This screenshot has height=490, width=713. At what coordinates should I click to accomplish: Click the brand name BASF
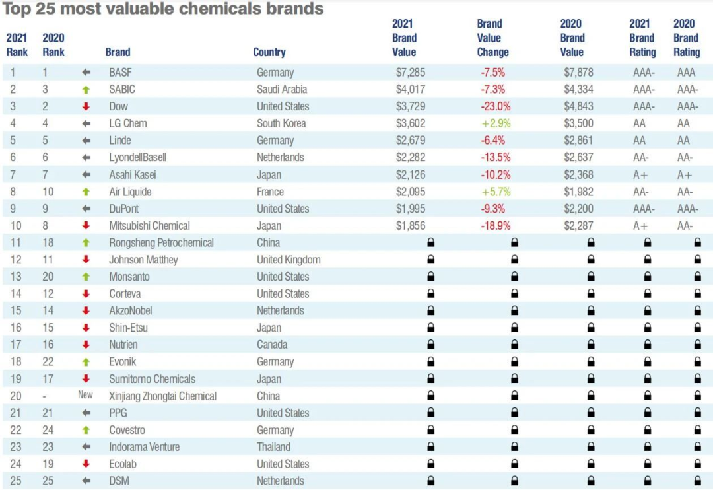coord(120,72)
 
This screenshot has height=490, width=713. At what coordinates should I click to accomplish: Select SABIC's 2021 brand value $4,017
coord(411,89)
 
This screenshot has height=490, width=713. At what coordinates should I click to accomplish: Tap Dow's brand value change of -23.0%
coord(496,106)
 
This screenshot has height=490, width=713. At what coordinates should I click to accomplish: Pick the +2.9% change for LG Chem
coord(496,123)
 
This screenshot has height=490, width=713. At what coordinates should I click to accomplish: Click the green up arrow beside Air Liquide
coord(86,192)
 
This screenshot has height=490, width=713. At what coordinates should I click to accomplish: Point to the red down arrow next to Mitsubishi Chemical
coord(86,226)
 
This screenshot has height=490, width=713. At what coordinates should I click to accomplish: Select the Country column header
coord(269,52)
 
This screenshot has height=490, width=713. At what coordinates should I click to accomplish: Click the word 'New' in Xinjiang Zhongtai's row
coord(86,396)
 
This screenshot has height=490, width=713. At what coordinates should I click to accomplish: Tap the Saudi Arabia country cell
coord(282,89)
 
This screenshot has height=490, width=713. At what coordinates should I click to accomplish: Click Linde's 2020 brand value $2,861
coord(578,141)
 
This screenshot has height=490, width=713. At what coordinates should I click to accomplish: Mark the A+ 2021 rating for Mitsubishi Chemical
coord(639,226)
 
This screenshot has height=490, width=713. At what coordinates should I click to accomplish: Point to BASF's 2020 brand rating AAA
coord(687,72)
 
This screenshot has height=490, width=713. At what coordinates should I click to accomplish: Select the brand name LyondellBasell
coord(137,157)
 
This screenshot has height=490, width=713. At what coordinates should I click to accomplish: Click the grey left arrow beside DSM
coord(86,481)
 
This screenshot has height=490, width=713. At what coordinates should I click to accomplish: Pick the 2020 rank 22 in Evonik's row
coord(49,361)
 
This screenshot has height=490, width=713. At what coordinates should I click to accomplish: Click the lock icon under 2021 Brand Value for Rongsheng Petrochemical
coord(431,243)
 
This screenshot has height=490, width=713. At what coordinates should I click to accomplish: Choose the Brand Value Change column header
coord(493,38)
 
